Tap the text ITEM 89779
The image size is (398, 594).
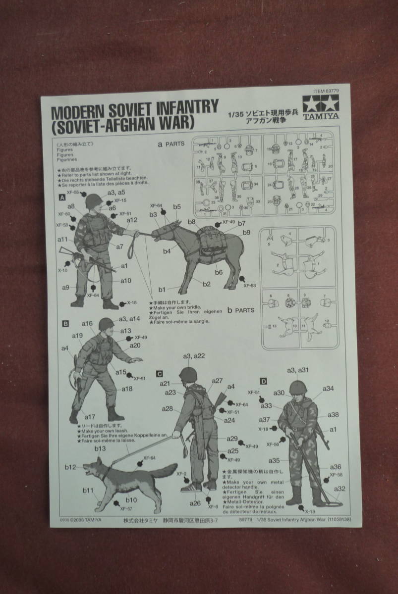point(326,92)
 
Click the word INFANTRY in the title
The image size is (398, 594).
point(187,107)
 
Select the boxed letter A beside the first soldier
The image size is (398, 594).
point(62,197)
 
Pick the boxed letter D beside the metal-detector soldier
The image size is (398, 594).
point(263,381)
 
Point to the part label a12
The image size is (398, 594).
point(131,220)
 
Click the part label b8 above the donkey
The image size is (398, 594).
point(192,222)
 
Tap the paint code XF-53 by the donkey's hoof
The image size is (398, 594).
point(251,286)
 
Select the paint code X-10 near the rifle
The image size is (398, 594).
point(62,271)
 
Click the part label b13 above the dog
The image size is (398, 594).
point(100,448)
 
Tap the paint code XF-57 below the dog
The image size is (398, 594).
point(126,508)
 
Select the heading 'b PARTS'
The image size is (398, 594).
point(240,310)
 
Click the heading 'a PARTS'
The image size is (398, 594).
point(171,144)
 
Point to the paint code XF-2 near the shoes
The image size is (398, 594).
point(181,474)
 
